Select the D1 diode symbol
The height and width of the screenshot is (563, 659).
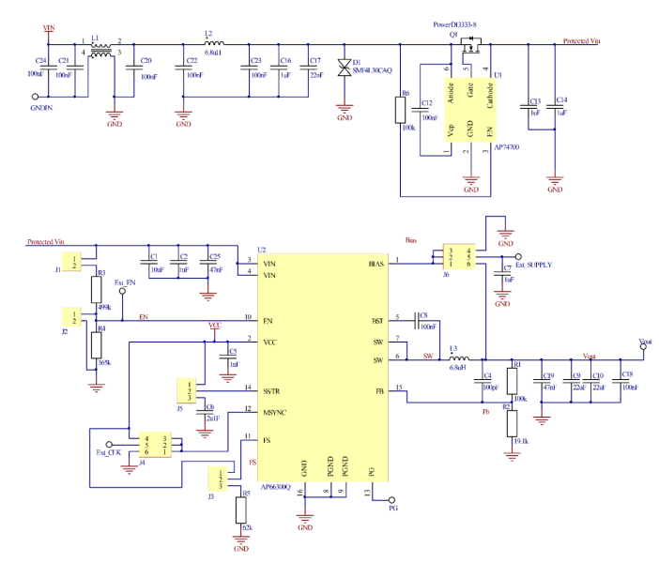[x=344, y=68]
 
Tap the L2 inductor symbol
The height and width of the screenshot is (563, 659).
[x=214, y=43]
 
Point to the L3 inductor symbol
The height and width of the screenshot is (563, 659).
[x=458, y=358]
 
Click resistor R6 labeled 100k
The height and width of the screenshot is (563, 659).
[x=401, y=111]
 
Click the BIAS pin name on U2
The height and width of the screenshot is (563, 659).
[x=379, y=264]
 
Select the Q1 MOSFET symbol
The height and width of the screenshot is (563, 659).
[x=471, y=42]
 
